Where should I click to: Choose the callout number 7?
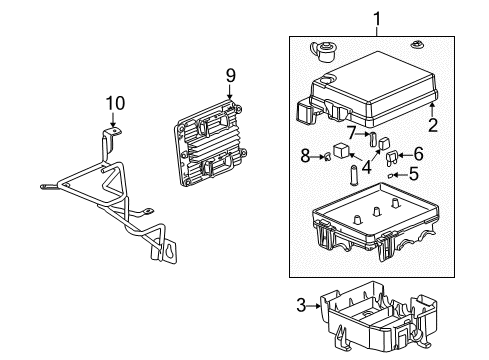tap(353, 133)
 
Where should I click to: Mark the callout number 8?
tap(306, 155)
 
